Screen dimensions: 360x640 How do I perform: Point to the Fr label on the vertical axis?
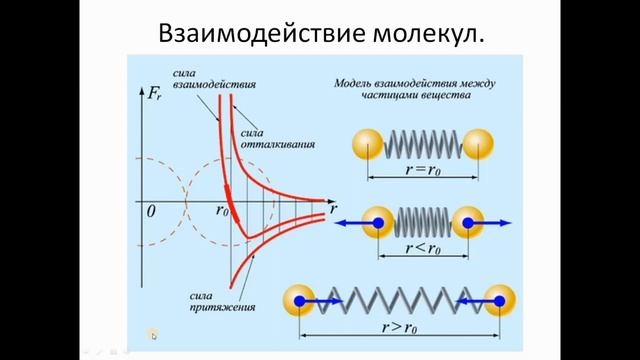155,97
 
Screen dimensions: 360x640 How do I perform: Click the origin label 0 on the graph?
150,212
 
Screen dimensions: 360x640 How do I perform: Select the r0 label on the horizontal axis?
222,211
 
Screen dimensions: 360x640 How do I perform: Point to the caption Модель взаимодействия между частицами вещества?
414,91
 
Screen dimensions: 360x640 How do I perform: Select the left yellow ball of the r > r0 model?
299,299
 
